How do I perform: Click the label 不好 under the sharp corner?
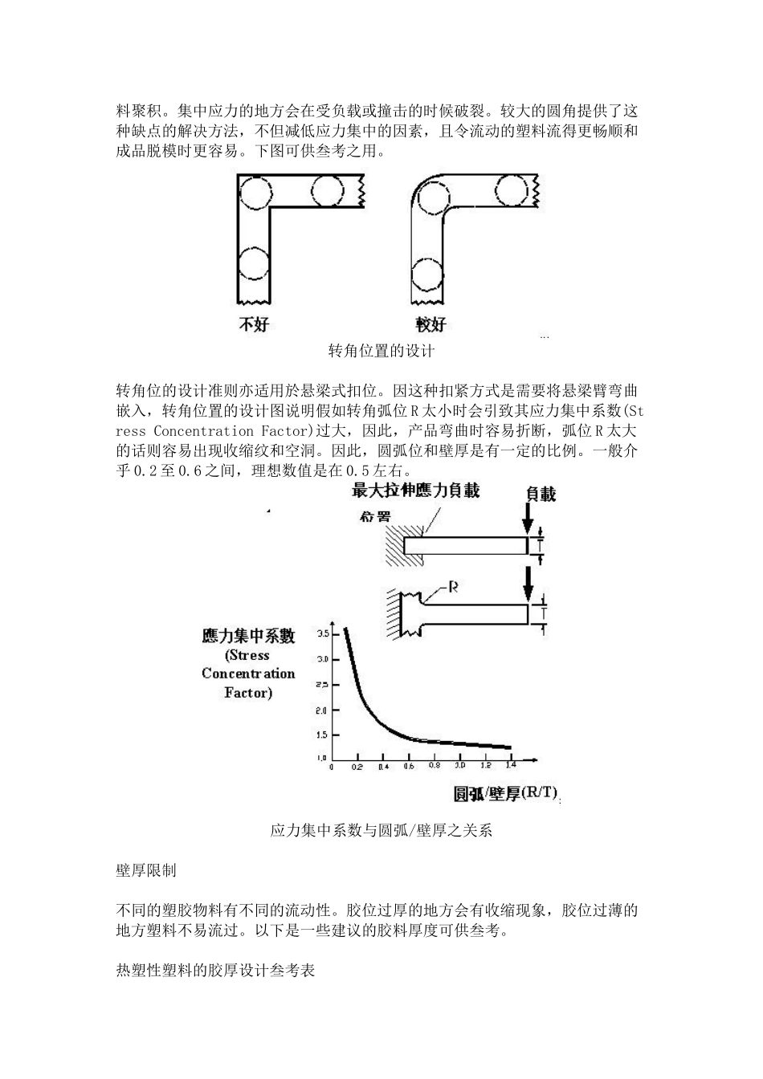(254, 325)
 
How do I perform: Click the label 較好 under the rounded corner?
(430, 325)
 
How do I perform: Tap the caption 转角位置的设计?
(381, 351)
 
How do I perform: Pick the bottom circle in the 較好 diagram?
(427, 275)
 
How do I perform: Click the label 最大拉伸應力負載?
(415, 490)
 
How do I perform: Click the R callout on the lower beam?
(452, 588)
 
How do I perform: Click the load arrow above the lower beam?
(528, 584)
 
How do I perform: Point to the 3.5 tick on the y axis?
(323, 633)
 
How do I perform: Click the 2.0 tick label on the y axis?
(323, 711)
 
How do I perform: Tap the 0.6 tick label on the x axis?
(408, 767)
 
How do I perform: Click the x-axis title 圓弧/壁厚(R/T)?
(505, 793)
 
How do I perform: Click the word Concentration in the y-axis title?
(248, 674)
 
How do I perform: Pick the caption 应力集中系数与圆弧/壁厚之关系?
(381, 831)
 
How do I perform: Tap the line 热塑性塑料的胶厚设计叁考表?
(215, 971)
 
